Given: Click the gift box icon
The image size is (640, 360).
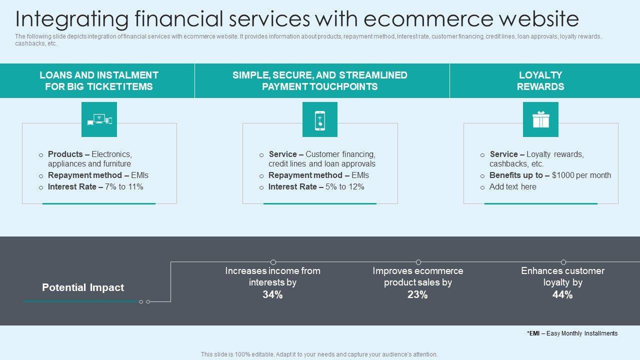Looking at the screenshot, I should [x=540, y=120].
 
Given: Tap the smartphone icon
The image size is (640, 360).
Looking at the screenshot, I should [x=320, y=120].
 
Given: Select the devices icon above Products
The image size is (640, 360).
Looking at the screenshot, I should [x=99, y=120].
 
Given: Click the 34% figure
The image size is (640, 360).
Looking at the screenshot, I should [x=272, y=295].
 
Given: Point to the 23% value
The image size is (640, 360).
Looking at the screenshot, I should [x=417, y=295].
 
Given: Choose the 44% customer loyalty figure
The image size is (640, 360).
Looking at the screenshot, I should [x=562, y=295].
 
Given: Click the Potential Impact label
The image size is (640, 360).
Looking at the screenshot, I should [x=83, y=287].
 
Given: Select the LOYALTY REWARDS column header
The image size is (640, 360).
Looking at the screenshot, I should [x=540, y=81].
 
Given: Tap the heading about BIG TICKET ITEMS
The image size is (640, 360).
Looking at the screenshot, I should [x=99, y=81].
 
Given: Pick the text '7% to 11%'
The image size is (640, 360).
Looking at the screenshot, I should [x=124, y=187].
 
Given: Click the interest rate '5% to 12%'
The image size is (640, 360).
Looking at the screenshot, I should [x=344, y=187].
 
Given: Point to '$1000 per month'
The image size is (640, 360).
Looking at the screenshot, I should [x=581, y=175].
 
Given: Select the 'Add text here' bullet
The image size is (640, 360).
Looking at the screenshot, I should [x=512, y=187].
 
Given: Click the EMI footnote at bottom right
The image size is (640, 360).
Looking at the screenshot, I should [x=572, y=333].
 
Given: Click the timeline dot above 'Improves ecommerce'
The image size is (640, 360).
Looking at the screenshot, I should [x=418, y=262].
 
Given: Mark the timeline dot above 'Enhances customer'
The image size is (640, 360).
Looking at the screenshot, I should [x=563, y=262].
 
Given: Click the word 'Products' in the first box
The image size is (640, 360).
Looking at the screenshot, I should [x=65, y=154].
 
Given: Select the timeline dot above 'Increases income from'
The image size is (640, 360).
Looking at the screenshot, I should [x=273, y=262].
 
